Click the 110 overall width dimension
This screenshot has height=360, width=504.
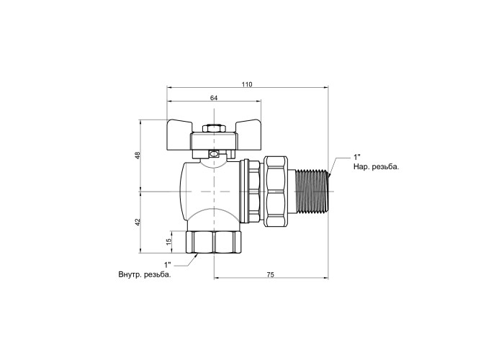pos(247,84)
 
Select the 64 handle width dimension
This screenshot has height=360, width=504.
pos(214,98)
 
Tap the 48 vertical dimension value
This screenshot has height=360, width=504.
pos(138,156)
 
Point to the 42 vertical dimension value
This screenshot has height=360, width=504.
pos(138,222)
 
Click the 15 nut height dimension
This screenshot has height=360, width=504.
pos(168,242)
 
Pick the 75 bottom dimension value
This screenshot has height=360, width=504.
pos(271,275)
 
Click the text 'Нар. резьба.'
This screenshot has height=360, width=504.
pos(376,167)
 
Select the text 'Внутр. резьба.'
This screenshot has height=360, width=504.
pos(145,275)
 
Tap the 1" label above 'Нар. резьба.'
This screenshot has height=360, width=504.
pos(357,158)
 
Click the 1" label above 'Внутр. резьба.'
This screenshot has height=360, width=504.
pos(168,265)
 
